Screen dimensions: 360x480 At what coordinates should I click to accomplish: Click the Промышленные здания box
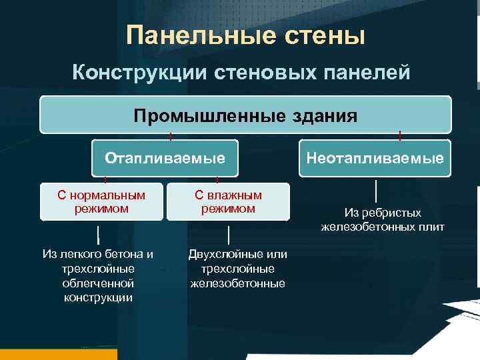(x=245, y=115)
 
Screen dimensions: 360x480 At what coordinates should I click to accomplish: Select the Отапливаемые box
(x=165, y=158)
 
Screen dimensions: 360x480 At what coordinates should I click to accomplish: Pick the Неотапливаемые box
(x=375, y=158)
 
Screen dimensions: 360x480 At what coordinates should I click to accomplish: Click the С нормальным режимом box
(x=101, y=201)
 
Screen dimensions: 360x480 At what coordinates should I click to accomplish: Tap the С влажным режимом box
(x=228, y=201)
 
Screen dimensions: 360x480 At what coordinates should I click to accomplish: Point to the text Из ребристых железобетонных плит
(x=383, y=220)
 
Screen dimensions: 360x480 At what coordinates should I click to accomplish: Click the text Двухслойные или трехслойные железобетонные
(x=237, y=269)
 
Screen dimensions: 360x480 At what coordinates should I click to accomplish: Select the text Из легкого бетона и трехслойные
(x=98, y=261)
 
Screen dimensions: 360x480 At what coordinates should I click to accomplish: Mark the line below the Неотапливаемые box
(x=377, y=191)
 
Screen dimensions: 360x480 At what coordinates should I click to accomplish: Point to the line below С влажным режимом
(x=228, y=235)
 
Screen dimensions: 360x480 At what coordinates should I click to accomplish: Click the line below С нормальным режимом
(x=98, y=235)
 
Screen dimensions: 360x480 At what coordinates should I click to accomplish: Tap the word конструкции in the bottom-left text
(x=98, y=297)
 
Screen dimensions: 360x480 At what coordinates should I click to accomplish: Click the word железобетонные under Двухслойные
(x=237, y=283)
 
